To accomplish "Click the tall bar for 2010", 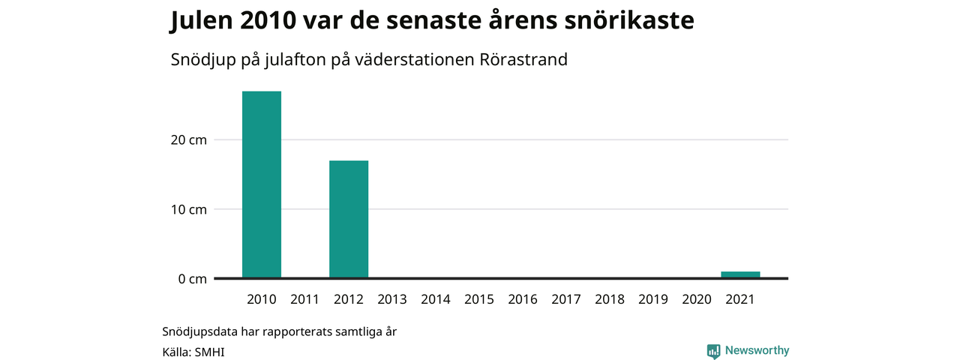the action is [262, 184].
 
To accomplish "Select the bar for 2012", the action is [349, 219].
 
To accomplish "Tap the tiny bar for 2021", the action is [740, 274].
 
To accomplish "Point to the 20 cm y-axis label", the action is [188, 140].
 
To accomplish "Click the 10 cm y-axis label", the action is [188, 209].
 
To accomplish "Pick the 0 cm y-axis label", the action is [193, 279].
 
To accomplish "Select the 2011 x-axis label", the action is [304, 299].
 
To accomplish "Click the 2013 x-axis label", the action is [392, 299].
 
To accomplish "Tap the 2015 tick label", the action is [479, 299].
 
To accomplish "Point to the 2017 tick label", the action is [566, 299].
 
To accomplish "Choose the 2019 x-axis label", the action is [653, 299].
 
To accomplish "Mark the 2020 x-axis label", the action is [697, 299].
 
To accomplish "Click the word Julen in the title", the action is [201, 20].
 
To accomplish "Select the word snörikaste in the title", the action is [629, 20].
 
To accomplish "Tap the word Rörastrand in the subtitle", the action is [523, 59].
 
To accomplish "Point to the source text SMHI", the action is [209, 352].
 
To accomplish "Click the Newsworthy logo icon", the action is [713, 351].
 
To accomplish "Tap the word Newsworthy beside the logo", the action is [757, 350].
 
